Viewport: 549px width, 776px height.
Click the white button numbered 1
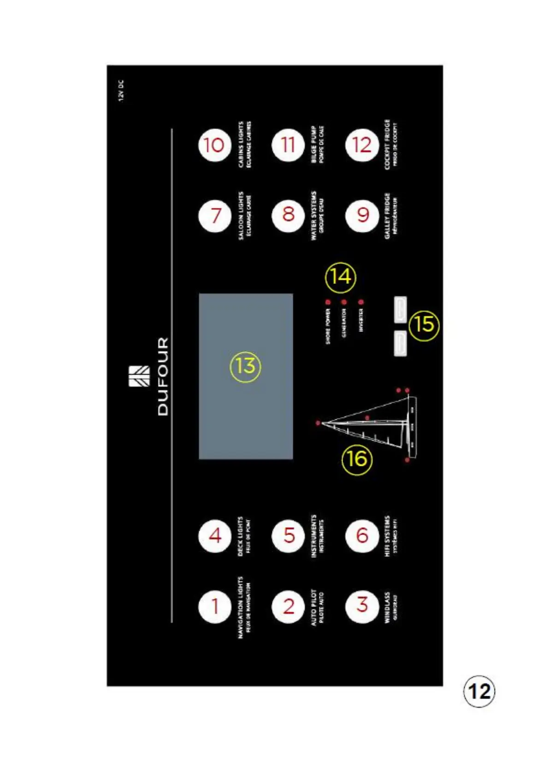(214, 606)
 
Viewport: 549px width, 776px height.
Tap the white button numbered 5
(288, 535)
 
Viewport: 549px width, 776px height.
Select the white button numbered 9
(362, 215)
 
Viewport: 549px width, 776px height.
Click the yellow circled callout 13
(245, 366)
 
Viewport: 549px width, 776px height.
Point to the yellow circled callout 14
(341, 277)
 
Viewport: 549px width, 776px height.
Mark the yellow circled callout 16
(357, 459)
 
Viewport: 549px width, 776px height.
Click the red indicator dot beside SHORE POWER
(328, 302)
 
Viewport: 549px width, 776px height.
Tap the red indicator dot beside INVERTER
(361, 302)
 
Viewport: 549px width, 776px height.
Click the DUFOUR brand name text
(163, 376)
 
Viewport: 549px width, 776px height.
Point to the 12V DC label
(121, 90)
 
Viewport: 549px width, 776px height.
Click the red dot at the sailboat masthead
(318, 423)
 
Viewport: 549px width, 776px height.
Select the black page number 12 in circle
(479, 691)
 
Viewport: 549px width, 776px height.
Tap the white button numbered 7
(214, 215)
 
